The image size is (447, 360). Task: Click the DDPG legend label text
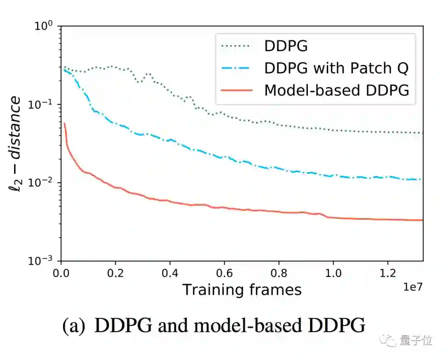(286, 46)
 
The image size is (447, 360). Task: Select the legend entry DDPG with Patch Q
(336, 68)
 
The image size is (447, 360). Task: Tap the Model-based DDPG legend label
(336, 90)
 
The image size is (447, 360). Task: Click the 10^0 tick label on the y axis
(43, 26)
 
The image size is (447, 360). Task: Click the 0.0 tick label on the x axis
(61, 274)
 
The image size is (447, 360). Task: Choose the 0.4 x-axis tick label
(170, 274)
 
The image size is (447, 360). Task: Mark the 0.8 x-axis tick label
(279, 274)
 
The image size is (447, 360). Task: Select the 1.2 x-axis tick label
(387, 274)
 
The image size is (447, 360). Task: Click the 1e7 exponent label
(412, 286)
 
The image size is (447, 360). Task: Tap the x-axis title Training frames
(242, 289)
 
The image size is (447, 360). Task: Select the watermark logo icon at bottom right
(390, 341)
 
